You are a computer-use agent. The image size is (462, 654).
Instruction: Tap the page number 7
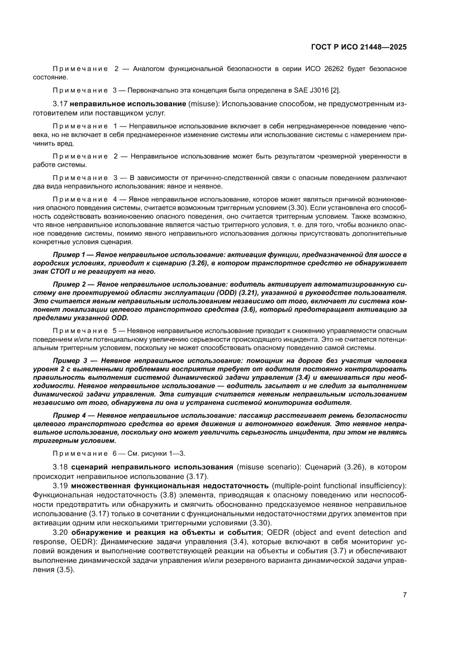[x=404, y=595]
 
